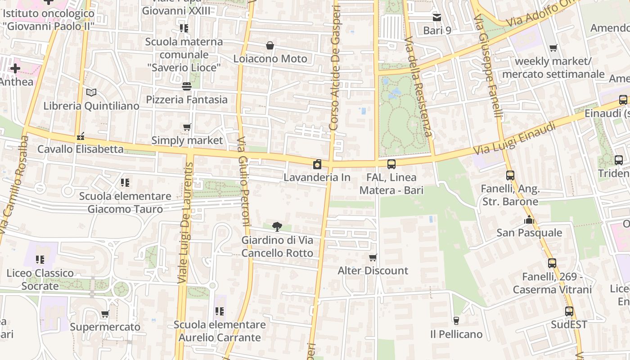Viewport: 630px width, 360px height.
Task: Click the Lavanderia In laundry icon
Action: point(317,164)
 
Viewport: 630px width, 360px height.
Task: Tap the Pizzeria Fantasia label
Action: point(187,99)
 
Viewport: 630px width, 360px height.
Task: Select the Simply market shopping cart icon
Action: point(187,127)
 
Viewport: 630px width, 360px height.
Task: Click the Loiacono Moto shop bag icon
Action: point(270,45)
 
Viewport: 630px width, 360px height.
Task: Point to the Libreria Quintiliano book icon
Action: point(91,93)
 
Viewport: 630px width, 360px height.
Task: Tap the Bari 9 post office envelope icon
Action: point(436,18)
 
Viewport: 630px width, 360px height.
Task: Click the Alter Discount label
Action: point(373,270)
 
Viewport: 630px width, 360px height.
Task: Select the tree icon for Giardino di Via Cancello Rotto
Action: point(277,226)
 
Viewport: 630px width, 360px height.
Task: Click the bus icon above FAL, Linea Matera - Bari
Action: point(391,164)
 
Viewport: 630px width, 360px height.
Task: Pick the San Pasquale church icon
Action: point(529,220)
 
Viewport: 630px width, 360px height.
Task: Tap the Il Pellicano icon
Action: point(456,321)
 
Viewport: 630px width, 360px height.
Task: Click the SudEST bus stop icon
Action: point(569,311)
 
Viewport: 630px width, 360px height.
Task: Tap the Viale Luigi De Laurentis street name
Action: point(186,223)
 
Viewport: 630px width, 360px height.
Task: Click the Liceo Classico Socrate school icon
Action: point(40,260)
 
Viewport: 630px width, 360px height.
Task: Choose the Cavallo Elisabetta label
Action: point(81,149)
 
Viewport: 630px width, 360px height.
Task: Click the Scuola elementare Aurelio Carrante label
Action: point(220,331)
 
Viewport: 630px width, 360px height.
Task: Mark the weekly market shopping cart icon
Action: point(553,48)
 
